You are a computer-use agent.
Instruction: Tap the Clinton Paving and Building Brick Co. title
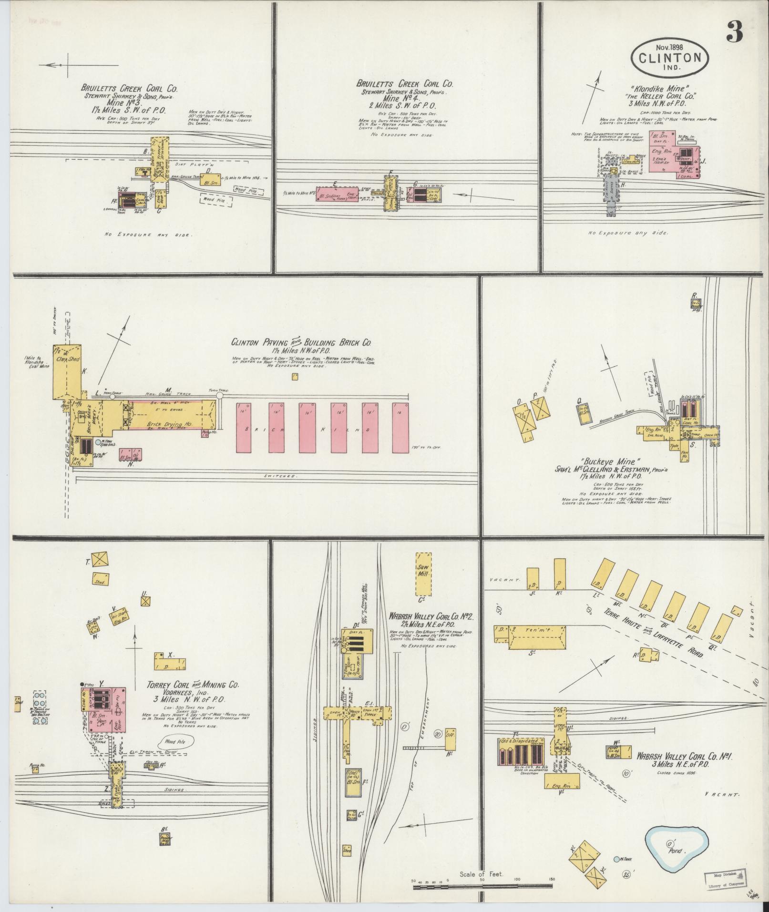click(x=301, y=342)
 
